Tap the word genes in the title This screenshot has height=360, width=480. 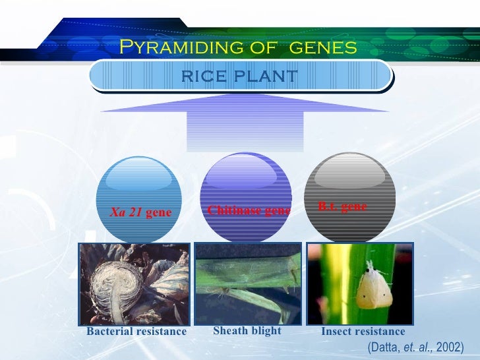[x=323, y=47]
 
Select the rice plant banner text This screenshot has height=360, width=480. [x=239, y=75]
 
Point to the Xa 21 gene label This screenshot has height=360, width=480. [x=140, y=212]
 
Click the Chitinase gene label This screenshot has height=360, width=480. [x=249, y=210]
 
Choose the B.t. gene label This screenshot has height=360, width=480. [x=342, y=206]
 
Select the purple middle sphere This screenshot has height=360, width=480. [x=245, y=191]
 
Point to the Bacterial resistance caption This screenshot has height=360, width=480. [x=136, y=332]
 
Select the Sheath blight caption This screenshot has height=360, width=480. [x=247, y=330]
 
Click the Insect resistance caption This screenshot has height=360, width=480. [x=363, y=332]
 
